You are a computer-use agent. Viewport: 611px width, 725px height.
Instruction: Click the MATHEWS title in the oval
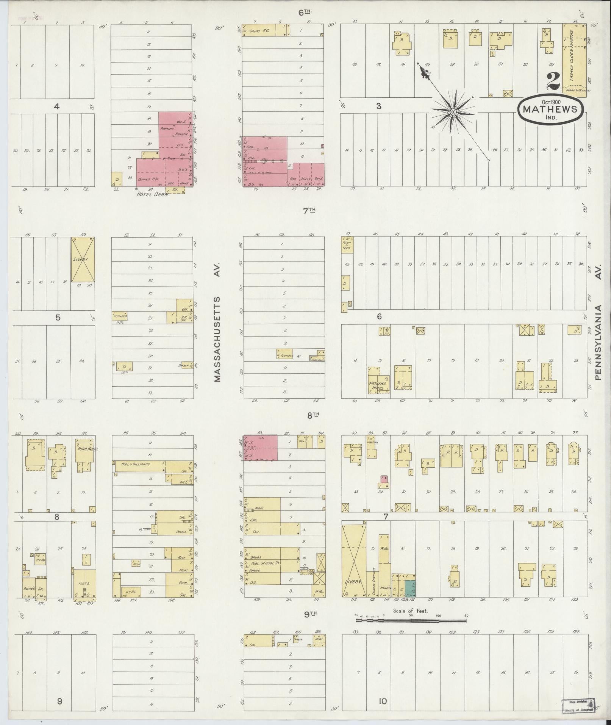tap(550, 109)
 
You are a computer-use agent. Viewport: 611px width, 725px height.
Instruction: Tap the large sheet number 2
tap(553, 81)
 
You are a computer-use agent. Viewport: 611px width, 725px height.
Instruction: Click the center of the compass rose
tap(453, 112)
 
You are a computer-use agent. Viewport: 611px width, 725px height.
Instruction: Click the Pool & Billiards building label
tap(136, 464)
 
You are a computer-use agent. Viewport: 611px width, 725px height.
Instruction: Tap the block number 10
tap(383, 702)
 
